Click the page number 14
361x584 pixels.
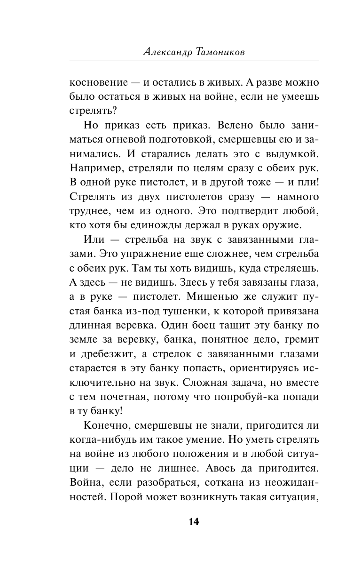pos(194,535)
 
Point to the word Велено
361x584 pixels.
pos(232,126)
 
